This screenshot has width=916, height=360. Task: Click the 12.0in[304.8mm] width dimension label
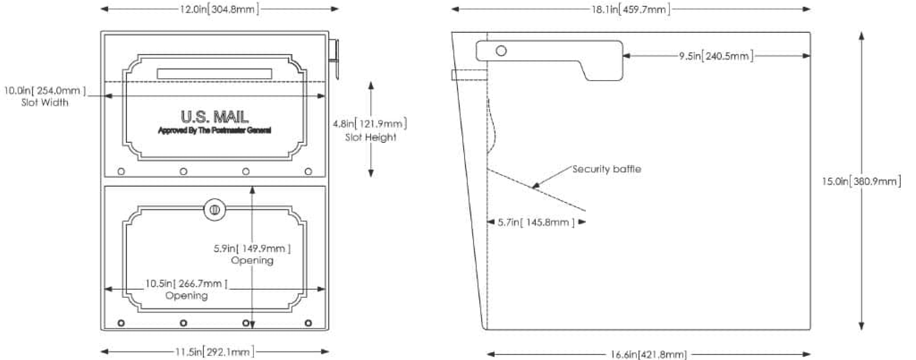[x=219, y=9]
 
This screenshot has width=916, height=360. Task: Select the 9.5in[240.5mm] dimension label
[x=716, y=56]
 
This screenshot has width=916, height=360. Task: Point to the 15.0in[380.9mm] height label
[x=862, y=182]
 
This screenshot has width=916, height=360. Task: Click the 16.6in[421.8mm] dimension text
[x=649, y=354]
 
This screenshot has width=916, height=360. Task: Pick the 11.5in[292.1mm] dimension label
[x=215, y=352]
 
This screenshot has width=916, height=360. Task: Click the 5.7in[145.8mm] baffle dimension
[x=536, y=222]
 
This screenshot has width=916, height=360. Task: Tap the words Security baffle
[x=607, y=169]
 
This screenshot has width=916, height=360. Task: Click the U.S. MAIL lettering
[x=215, y=117]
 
